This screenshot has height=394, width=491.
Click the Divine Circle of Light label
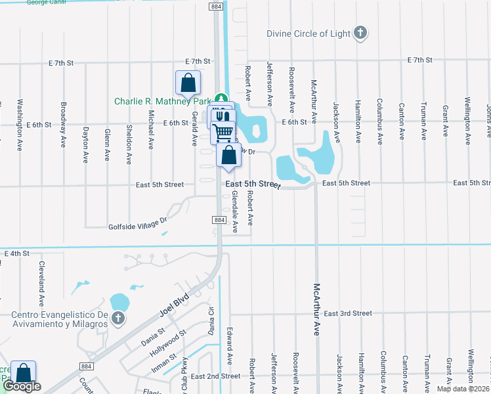pyautogui.click(x=308, y=33)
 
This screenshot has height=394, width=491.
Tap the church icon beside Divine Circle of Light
pyautogui.click(x=360, y=33)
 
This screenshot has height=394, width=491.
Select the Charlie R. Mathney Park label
pyautogui.click(x=162, y=101)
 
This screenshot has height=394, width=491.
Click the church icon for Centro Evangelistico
pyautogui.click(x=118, y=319)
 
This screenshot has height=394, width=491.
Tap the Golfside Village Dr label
pyautogui.click(x=139, y=227)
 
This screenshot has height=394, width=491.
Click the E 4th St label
pyautogui.click(x=17, y=253)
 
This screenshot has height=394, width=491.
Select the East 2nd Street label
pyautogui.click(x=216, y=376)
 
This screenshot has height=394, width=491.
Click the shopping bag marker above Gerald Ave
pyautogui.click(x=188, y=83)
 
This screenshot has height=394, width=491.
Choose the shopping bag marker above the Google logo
pyautogui.click(x=23, y=372)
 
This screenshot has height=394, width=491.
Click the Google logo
pyautogui.click(x=22, y=387)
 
